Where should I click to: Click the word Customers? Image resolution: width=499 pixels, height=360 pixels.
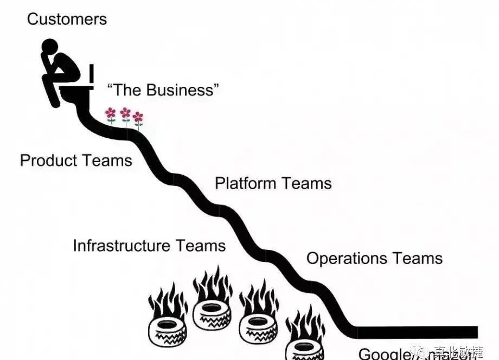67,20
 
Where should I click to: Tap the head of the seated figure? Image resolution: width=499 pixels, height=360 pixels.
50,47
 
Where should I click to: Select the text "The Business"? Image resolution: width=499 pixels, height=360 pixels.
163,89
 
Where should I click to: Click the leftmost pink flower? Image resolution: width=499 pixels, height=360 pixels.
111,113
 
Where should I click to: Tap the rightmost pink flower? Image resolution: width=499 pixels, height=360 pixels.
138,117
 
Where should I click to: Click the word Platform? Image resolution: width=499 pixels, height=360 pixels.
245,183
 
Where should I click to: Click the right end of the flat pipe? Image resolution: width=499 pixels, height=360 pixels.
475,332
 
